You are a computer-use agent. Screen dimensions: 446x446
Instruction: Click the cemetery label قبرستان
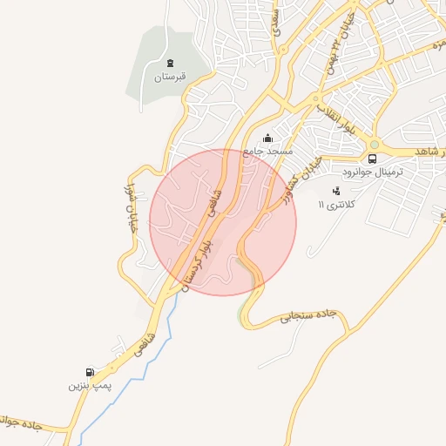tap(170, 77)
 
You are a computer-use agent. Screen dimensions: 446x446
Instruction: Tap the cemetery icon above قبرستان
tap(170, 63)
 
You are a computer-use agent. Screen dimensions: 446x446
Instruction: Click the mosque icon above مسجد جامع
tap(267, 138)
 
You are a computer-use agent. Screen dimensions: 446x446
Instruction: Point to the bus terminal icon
tap(372, 159)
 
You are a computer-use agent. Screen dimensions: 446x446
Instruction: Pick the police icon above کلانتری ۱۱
tap(337, 191)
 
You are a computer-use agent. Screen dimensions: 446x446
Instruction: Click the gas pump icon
tap(91, 371)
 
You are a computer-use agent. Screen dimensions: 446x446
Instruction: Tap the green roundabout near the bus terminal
tap(375, 144)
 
